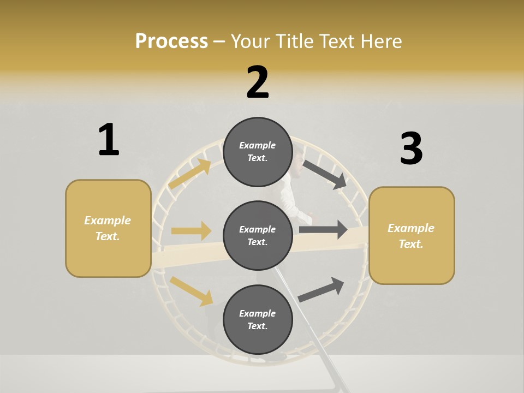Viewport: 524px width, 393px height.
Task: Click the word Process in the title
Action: (171, 41)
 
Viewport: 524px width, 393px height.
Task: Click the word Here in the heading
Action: (380, 41)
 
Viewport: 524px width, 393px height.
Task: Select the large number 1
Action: (109, 140)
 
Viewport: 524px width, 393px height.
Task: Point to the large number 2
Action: (258, 82)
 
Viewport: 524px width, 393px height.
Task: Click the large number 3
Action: (411, 148)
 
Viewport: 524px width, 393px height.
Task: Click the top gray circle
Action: (258, 152)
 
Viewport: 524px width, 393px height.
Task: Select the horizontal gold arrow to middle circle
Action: (191, 231)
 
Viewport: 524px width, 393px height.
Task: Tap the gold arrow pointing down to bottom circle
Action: (192, 290)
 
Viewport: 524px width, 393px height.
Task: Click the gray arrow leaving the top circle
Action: (325, 174)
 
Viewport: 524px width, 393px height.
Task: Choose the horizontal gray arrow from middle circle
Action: (323, 229)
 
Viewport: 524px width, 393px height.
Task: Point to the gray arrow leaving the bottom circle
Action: (321, 289)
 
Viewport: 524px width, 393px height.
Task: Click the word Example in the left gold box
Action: (108, 221)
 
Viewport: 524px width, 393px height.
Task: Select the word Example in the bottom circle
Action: (258, 313)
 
